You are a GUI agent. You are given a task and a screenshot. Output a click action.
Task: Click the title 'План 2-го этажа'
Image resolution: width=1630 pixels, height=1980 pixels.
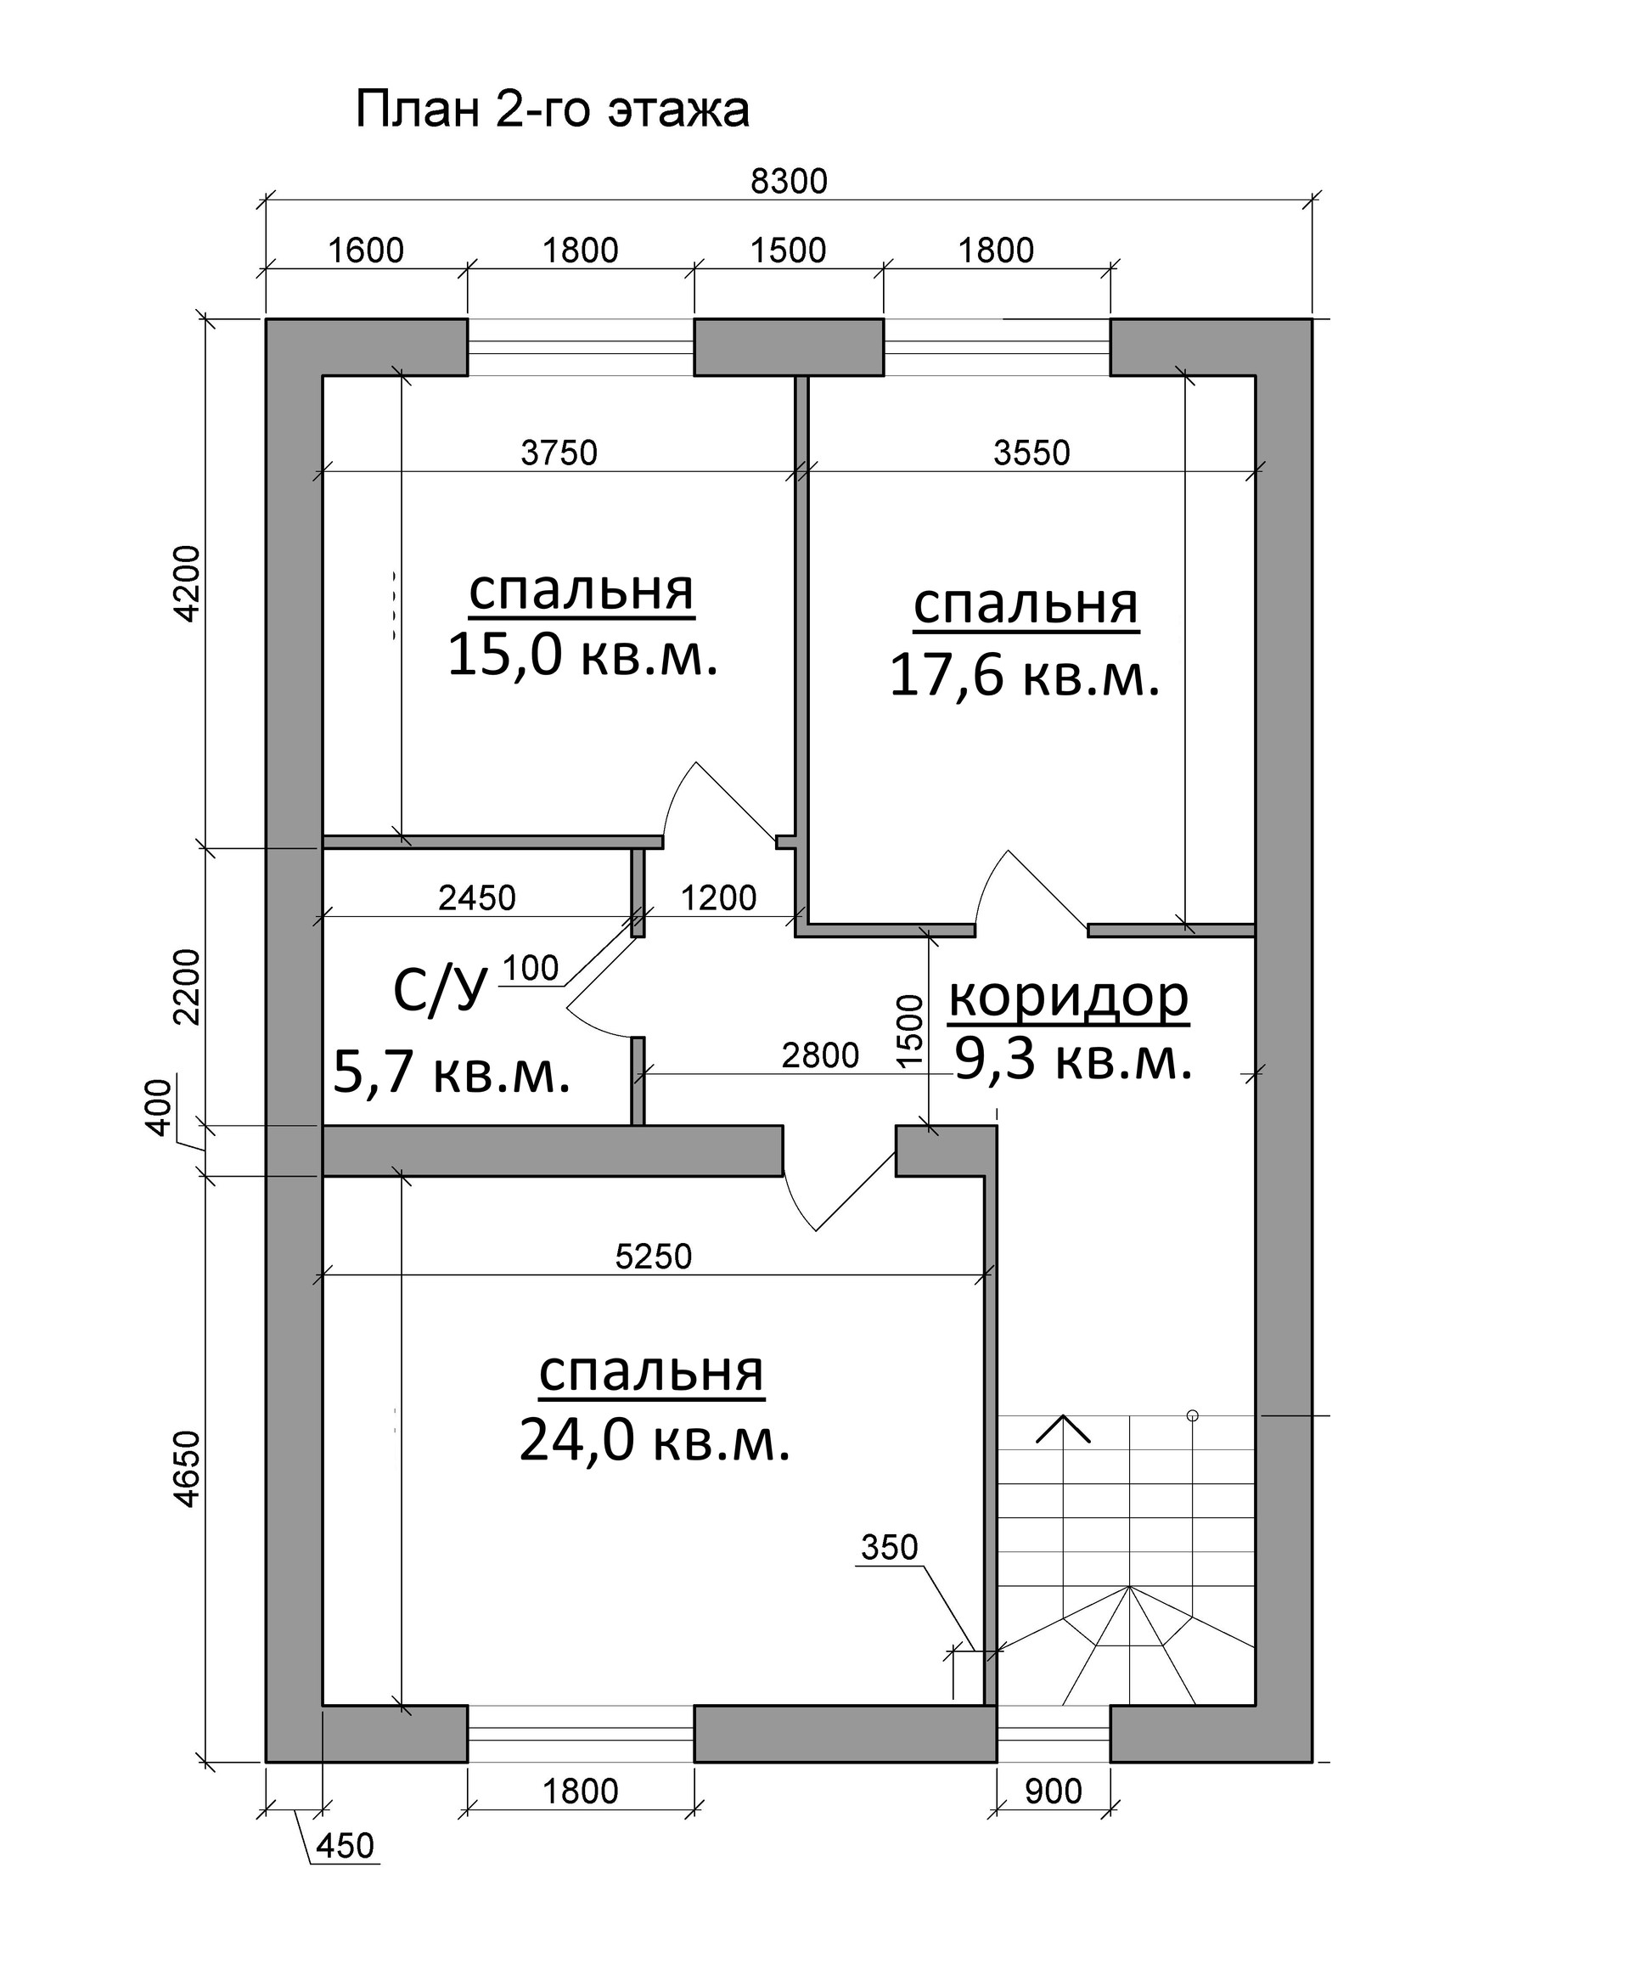tap(552, 110)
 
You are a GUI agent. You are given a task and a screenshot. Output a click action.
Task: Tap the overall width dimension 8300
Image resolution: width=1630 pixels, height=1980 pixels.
tap(789, 181)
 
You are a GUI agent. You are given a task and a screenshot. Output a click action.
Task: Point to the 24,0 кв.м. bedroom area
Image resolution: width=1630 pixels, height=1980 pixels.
tap(655, 1440)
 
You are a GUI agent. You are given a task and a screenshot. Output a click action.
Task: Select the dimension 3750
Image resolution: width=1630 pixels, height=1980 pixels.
tap(559, 453)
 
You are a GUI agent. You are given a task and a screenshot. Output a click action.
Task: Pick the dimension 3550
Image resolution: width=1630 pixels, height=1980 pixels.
tap(1031, 453)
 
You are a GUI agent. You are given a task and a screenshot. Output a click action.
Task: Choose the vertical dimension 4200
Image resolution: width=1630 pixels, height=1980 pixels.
tap(188, 583)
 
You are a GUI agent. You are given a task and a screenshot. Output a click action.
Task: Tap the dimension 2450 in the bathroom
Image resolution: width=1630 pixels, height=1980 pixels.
tap(477, 897)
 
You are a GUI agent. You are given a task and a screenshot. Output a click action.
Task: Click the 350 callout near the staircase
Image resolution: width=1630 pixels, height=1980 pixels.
tap(888, 1547)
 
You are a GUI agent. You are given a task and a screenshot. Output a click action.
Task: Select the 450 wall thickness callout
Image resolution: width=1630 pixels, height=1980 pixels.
tap(345, 1845)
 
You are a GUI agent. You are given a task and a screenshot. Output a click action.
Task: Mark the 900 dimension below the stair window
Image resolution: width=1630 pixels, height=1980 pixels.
tap(1053, 1792)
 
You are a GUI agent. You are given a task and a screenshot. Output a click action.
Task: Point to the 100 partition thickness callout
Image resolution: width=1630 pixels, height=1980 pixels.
tap(531, 968)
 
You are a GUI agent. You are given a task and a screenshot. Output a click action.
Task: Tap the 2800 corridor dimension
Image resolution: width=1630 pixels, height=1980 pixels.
tap(820, 1056)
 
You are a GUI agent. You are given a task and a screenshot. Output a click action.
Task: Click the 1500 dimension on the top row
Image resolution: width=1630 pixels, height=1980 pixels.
tap(788, 250)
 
